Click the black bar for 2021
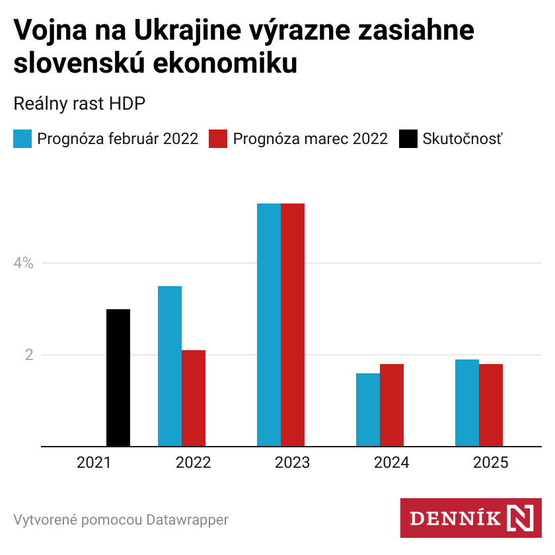(x=118, y=377)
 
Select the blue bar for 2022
(x=170, y=366)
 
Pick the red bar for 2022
(x=194, y=398)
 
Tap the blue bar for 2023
(x=269, y=324)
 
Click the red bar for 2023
(x=293, y=324)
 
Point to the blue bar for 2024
(x=368, y=410)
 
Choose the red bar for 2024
(x=392, y=405)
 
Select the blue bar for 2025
(x=467, y=402)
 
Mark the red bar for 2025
(x=491, y=405)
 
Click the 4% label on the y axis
(x=23, y=263)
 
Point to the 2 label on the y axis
(x=28, y=355)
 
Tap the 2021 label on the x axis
(x=94, y=462)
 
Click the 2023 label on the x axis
(x=293, y=462)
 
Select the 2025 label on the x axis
(x=491, y=462)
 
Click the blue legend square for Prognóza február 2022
(x=22, y=139)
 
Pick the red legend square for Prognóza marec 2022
(x=218, y=139)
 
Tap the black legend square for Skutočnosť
(x=408, y=139)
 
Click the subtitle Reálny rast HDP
(x=79, y=104)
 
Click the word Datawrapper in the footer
(x=187, y=520)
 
